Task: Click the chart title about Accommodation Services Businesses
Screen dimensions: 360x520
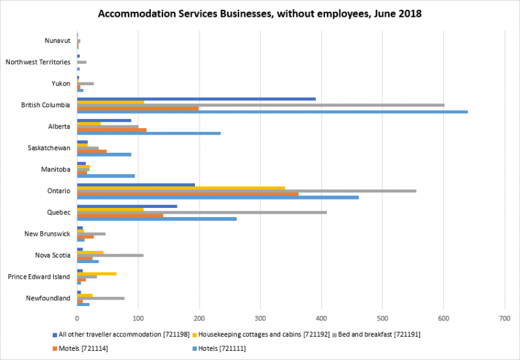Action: (259, 13)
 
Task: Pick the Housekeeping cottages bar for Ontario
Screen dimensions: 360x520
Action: (181, 187)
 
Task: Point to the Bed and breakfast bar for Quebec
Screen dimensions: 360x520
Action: (201, 212)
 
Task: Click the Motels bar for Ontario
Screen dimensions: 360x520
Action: (188, 194)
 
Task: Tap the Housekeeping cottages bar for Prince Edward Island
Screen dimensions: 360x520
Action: (97, 274)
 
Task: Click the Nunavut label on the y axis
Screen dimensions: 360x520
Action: (57, 40)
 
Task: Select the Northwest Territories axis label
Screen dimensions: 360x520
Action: (38, 62)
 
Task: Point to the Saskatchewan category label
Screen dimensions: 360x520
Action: (49, 148)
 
